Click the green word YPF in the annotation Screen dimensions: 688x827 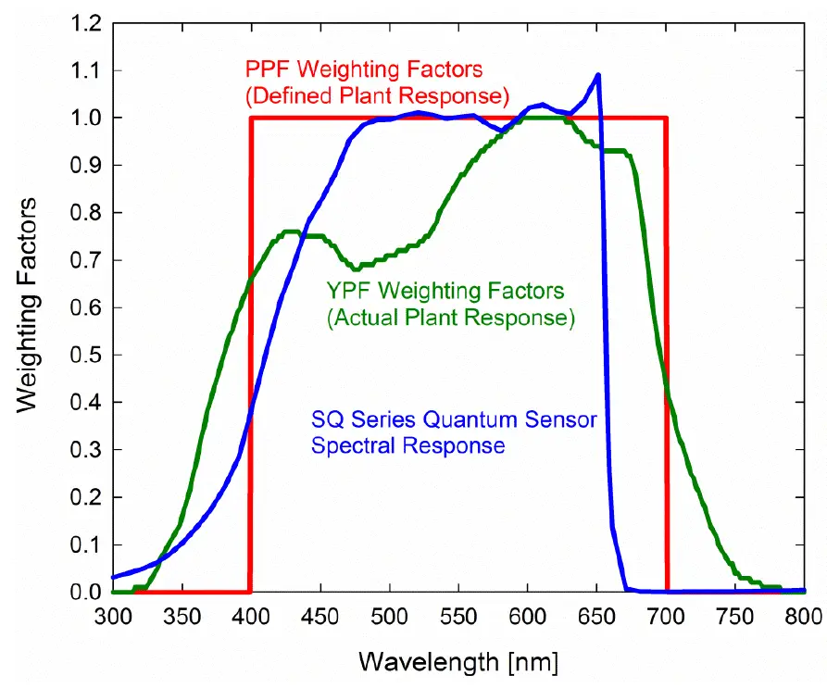345,291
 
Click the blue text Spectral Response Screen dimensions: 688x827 407,445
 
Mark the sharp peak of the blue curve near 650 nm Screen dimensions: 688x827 598,75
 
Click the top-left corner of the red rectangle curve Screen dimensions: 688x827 250,118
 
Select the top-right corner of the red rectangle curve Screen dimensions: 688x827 666,118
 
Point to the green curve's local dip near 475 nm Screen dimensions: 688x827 355,269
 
